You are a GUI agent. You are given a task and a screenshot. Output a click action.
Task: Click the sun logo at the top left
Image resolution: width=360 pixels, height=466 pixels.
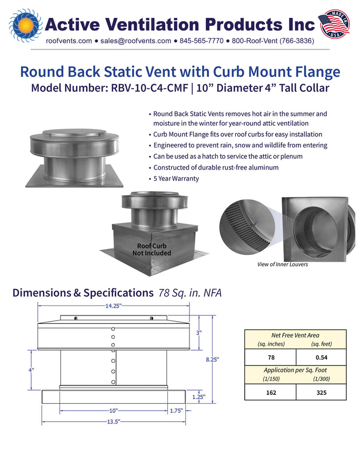25,25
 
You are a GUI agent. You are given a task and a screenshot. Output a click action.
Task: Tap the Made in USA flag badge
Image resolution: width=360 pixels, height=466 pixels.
334,24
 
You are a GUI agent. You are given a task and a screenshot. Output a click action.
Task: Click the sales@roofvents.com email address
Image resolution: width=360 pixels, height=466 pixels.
135,41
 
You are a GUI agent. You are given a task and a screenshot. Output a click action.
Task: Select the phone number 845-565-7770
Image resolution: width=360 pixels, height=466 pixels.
202,41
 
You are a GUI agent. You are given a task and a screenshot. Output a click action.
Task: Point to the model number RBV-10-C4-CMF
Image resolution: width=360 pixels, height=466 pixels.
149,88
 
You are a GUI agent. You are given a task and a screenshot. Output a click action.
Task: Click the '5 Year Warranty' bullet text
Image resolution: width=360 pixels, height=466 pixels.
176,179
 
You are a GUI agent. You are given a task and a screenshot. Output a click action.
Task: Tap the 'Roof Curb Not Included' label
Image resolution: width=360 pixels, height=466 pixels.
152,250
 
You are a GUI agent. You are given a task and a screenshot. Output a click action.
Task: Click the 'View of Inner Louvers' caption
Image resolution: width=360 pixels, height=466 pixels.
283,264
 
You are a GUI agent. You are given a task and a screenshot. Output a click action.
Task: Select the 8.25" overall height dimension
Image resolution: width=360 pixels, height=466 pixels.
213,360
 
